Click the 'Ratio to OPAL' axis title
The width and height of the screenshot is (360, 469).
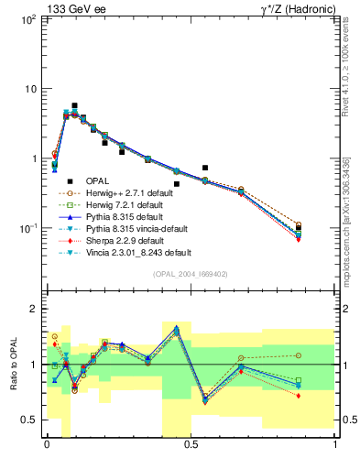(13, 365)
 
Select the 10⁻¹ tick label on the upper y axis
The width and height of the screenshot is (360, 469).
(27, 229)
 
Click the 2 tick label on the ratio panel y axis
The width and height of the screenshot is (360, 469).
(33, 309)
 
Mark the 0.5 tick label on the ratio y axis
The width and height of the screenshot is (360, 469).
(29, 420)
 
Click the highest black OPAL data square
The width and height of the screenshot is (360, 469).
(75, 106)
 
